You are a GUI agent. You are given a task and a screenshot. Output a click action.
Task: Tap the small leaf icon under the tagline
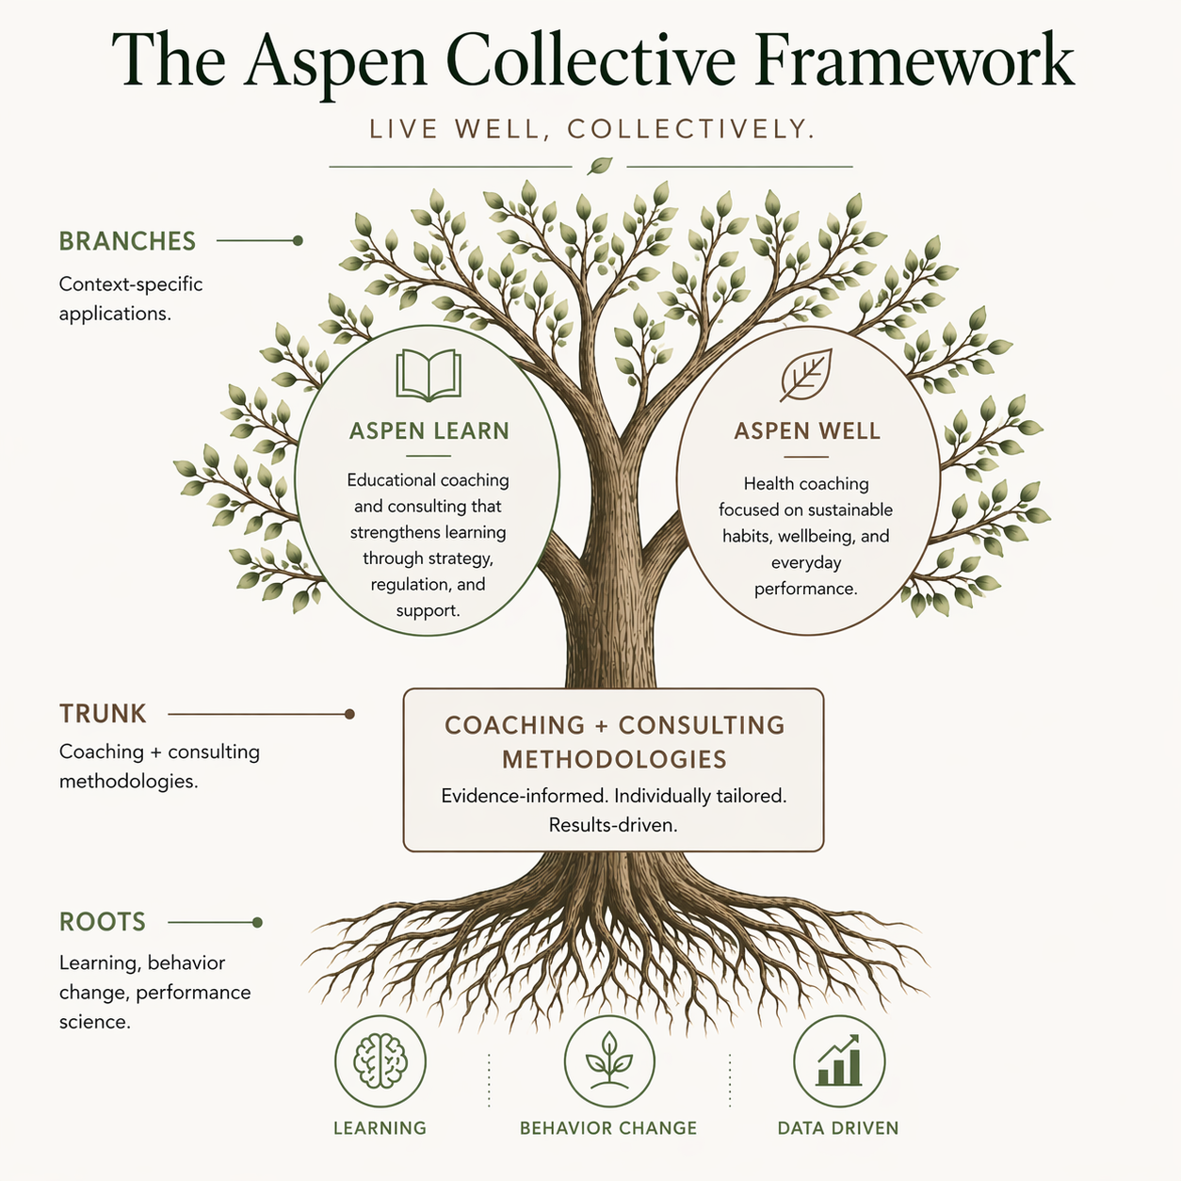[x=599, y=167]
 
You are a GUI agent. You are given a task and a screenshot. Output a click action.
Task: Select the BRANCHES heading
[x=127, y=241]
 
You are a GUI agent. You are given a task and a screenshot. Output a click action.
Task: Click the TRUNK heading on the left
[x=103, y=714]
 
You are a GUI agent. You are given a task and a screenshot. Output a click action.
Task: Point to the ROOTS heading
[x=103, y=922]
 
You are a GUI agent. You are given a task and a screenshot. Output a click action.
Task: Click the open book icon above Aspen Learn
[x=429, y=375]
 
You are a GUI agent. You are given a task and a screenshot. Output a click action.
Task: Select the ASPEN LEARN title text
[x=429, y=431]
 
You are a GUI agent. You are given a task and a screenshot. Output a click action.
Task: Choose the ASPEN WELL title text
[x=807, y=431]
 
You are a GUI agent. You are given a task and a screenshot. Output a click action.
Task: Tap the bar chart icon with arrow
[x=839, y=1061]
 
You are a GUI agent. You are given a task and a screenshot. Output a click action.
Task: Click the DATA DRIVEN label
[x=838, y=1128]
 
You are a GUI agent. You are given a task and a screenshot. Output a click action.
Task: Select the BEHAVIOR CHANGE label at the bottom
[x=608, y=1128]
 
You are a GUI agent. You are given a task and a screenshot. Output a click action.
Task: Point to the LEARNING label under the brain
[x=380, y=1128]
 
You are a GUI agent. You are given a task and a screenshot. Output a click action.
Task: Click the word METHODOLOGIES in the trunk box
[x=614, y=759]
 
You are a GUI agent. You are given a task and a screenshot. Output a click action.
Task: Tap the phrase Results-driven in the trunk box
[x=613, y=825]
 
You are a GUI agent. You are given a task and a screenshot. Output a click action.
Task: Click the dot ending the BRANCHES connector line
[x=298, y=240]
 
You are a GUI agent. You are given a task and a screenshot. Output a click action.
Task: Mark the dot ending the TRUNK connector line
[x=349, y=714]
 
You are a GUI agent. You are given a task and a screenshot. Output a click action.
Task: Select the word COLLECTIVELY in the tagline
[x=691, y=129]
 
